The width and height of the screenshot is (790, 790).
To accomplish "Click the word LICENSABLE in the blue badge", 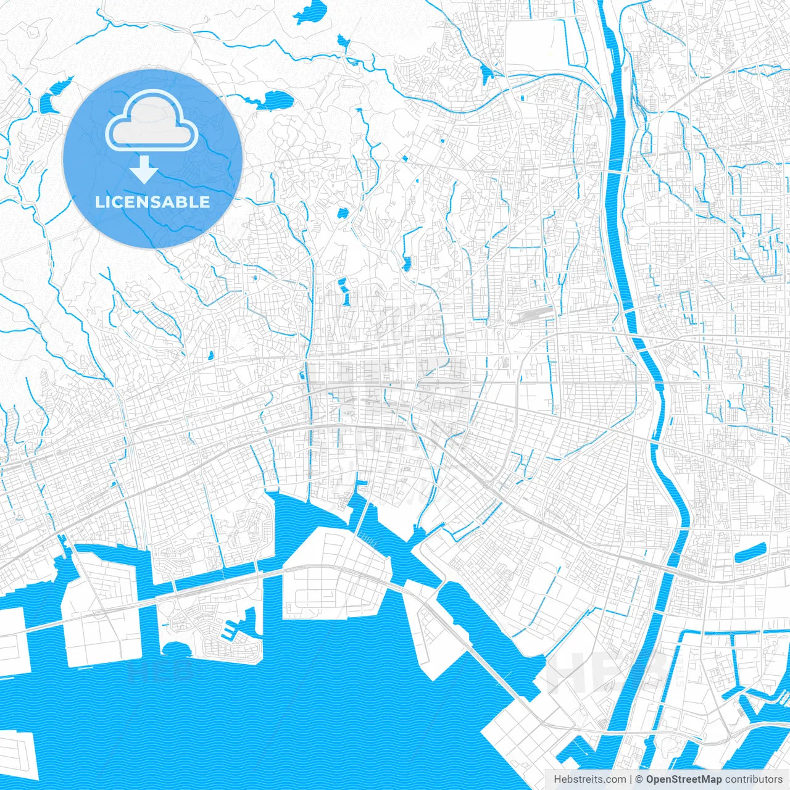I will pyautogui.click(x=152, y=202).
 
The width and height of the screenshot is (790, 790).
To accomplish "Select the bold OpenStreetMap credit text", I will pyautogui.click(x=684, y=780).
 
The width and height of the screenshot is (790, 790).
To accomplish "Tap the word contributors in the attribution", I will pyautogui.click(x=754, y=780).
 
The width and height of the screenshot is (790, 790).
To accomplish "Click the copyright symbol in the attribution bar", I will pyautogui.click(x=639, y=780).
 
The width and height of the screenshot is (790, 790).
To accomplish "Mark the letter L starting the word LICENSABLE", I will pyautogui.click(x=99, y=202).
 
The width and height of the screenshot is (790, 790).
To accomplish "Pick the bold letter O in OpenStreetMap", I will pyautogui.click(x=651, y=780).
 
